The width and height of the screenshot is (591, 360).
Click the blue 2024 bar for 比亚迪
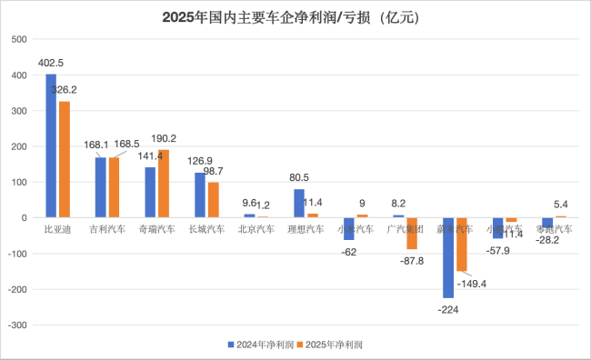[51, 145]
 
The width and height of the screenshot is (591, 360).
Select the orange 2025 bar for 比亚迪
[64, 159]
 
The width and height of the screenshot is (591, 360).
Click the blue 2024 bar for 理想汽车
[298, 204]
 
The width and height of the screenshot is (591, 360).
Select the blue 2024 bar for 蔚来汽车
[446, 257]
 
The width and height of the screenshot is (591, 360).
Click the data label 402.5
[51, 63]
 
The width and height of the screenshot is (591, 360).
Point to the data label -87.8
[411, 261]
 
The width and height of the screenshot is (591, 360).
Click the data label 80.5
[298, 177]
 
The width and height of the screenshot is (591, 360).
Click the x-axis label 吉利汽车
[106, 230]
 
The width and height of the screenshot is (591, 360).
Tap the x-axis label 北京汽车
[255, 230]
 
